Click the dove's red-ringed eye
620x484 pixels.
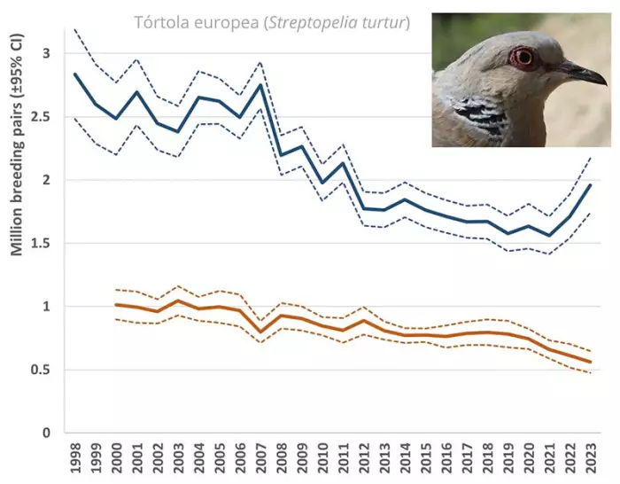pyautogui.click(x=523, y=58)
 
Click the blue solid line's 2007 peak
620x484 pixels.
pyautogui.click(x=260, y=84)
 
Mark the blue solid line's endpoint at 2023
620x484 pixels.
pyautogui.click(x=590, y=184)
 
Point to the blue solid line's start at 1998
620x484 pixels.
pyautogui.click(x=76, y=74)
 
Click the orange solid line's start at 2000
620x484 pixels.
pyautogui.click(x=117, y=305)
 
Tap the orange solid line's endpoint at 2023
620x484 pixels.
pyautogui.click(x=590, y=362)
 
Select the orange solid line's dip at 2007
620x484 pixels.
pyautogui.click(x=260, y=332)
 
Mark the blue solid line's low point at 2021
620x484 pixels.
pyautogui.click(x=549, y=236)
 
